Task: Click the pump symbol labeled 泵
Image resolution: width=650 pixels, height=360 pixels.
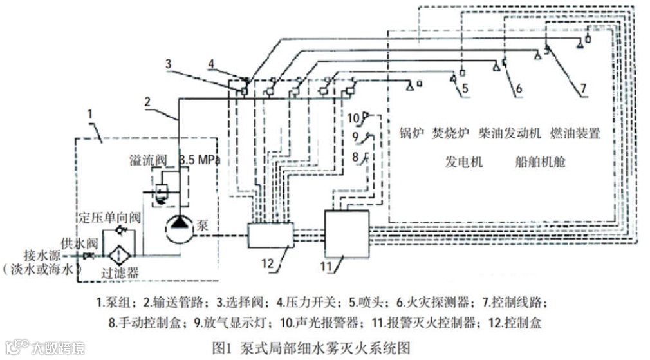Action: click(x=176, y=226)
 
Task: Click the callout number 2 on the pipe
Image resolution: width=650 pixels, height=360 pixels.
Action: click(x=148, y=101)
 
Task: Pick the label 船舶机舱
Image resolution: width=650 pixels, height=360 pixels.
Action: click(x=540, y=161)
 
